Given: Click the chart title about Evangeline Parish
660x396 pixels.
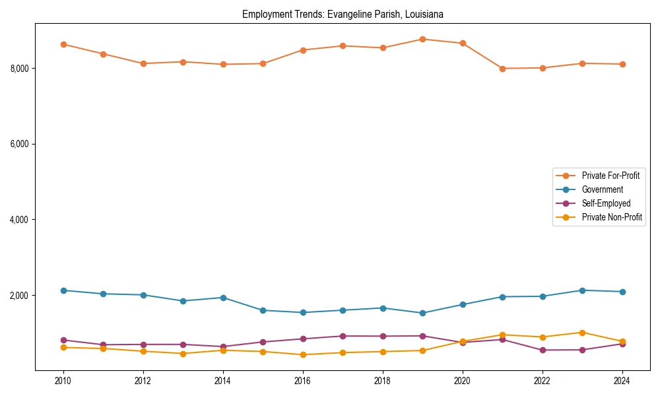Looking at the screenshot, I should pyautogui.click(x=342, y=14).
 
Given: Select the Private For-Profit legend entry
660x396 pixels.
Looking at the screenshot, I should pyautogui.click(x=610, y=176).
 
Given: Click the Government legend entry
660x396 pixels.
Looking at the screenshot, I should pyautogui.click(x=602, y=189).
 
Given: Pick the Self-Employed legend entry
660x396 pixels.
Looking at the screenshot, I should pyautogui.click(x=606, y=203).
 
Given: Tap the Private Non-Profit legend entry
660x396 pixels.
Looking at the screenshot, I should pyautogui.click(x=612, y=217).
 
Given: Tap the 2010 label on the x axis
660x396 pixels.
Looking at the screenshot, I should pyautogui.click(x=63, y=381).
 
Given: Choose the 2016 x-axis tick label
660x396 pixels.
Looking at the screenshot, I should pyautogui.click(x=302, y=381).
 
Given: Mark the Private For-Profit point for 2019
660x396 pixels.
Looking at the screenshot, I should pyautogui.click(x=422, y=39).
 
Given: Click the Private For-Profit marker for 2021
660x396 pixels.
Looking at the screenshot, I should pyautogui.click(x=502, y=69).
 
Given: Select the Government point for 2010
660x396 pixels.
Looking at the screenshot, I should pyautogui.click(x=63, y=290).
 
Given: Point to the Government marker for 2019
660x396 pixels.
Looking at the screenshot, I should pyautogui.click(x=422, y=313).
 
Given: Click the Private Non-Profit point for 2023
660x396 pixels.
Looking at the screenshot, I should pyautogui.click(x=582, y=333).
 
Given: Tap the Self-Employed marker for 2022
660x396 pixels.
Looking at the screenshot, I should pyautogui.click(x=543, y=350).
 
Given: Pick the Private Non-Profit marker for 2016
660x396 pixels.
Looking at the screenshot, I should pyautogui.click(x=302, y=354).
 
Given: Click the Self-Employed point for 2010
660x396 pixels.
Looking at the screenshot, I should pyautogui.click(x=63, y=340).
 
